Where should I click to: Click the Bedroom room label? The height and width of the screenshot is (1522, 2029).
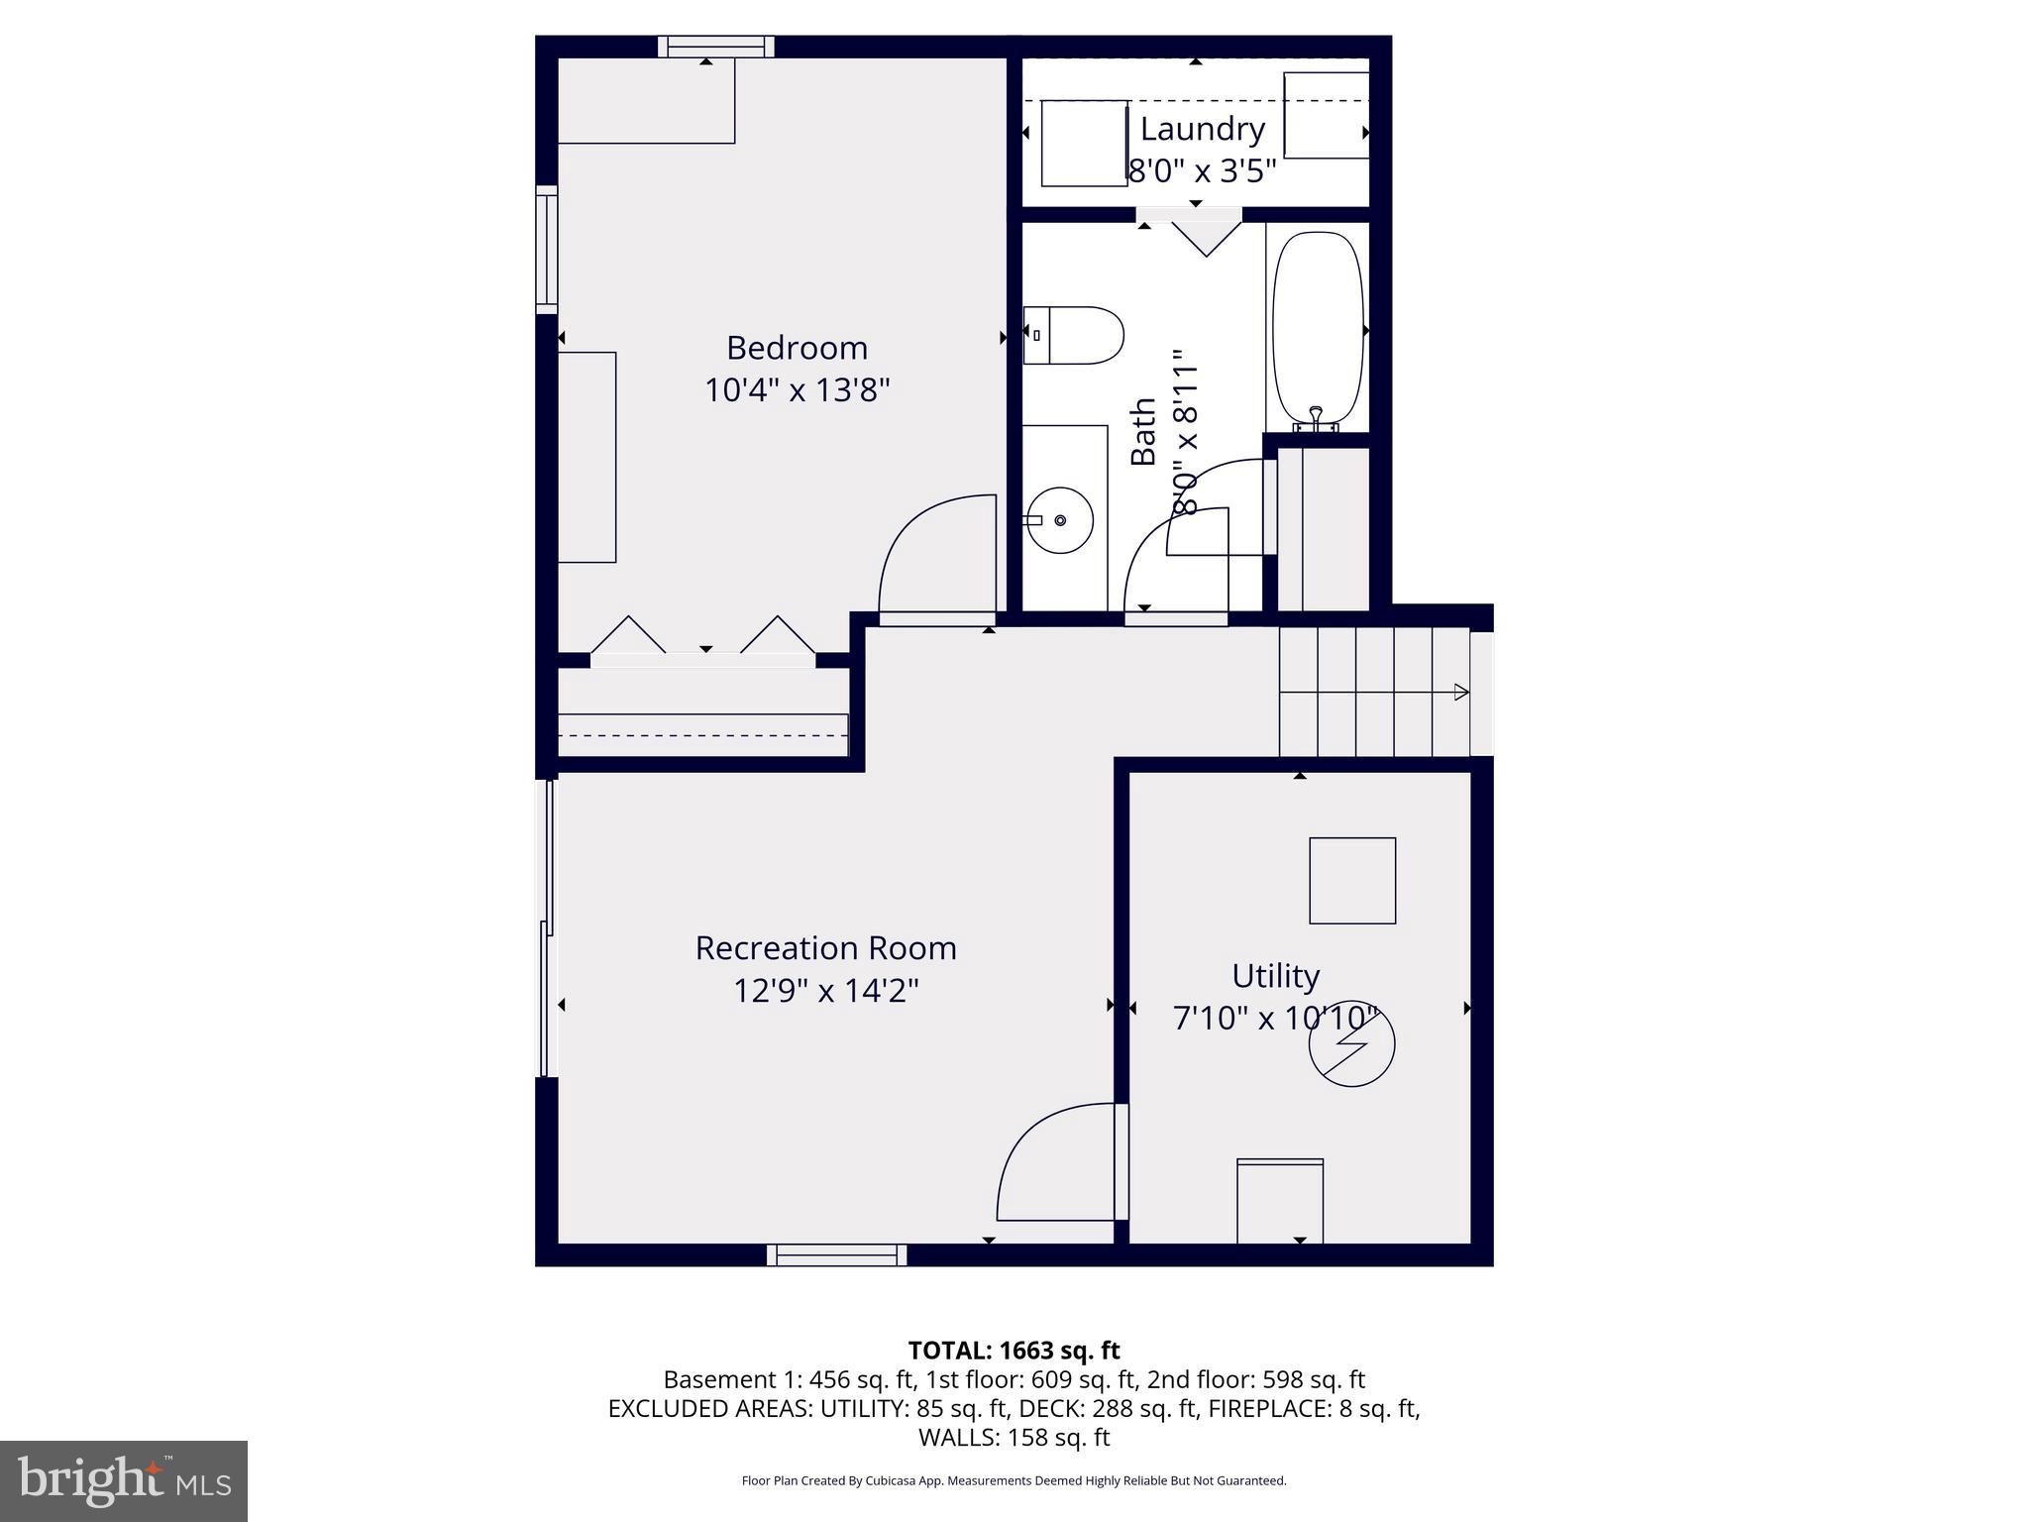pos(797,348)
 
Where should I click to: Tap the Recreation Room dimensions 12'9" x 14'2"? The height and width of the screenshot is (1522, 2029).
pos(826,991)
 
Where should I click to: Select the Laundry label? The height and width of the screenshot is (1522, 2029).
pos(1202,129)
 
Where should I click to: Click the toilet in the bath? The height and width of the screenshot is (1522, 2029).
pos(1074,335)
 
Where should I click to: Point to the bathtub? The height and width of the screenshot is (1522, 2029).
pos(1318,330)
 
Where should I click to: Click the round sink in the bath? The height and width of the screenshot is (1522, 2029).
pos(1061,520)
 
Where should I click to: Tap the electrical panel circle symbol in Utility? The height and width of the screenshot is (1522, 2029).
pos(1351,1043)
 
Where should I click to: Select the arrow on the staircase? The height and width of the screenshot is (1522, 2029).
pos(1460,692)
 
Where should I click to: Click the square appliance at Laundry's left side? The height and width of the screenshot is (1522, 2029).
pos(1084,143)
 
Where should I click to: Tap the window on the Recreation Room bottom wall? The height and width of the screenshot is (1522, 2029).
pos(836,1255)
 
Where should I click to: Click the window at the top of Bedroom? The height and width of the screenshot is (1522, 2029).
pos(715,47)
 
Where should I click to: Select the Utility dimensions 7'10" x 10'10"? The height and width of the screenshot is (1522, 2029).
pos(1275,1019)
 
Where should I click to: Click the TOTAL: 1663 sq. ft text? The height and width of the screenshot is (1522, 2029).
pos(1014,1351)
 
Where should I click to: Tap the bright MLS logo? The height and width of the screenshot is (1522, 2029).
pos(123,1480)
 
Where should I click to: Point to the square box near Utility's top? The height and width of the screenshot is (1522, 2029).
pos(1352,881)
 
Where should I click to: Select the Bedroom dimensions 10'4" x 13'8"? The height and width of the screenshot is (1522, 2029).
pos(797,390)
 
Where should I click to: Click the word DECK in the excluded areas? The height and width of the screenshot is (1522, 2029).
pos(1049,1408)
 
